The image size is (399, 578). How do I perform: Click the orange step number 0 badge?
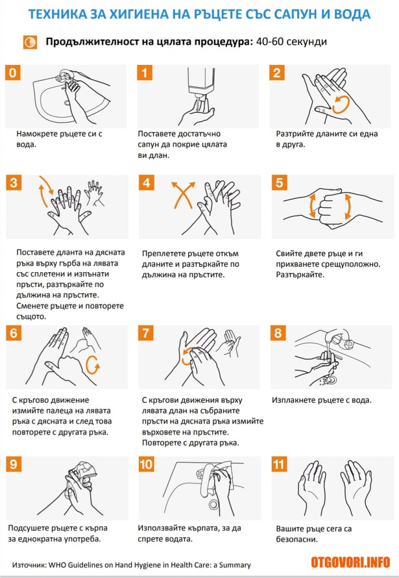point(12,73)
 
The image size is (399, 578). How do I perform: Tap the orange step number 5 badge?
point(280,182)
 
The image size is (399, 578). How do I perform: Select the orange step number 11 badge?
point(279,464)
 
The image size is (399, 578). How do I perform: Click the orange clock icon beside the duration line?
point(30,42)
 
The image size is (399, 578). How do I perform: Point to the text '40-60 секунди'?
point(291,42)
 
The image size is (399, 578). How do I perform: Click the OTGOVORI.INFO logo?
point(350,562)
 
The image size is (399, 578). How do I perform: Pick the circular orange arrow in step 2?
point(341,104)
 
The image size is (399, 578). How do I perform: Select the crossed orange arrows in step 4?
point(184,195)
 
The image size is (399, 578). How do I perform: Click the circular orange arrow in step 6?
point(92,365)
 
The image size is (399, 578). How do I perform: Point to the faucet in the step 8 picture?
point(339,337)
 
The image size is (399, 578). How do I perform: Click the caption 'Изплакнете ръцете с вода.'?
point(322,400)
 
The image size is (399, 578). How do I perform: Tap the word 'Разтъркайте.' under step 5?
point(300,275)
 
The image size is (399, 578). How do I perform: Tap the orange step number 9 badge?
point(14,464)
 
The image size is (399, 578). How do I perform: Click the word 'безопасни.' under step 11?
point(296,539)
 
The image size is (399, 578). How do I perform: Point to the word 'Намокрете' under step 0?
point(35,133)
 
